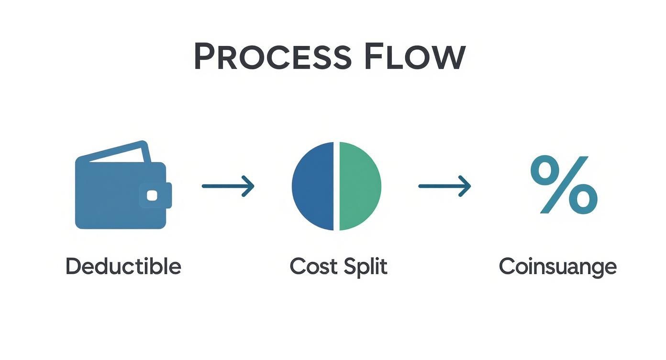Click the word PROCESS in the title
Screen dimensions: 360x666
(272, 57)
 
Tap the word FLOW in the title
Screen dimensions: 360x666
(414, 57)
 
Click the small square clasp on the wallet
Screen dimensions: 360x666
(152, 195)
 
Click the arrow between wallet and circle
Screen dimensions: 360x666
(228, 186)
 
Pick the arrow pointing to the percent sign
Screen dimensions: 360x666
(444, 186)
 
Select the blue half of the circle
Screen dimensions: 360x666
(313, 186)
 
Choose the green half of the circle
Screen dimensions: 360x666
(360, 186)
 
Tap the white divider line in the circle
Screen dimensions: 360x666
(336, 186)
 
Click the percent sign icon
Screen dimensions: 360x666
(564, 184)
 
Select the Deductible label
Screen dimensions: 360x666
(123, 266)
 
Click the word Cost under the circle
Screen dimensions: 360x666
(311, 266)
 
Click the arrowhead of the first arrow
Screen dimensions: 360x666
(248, 186)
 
